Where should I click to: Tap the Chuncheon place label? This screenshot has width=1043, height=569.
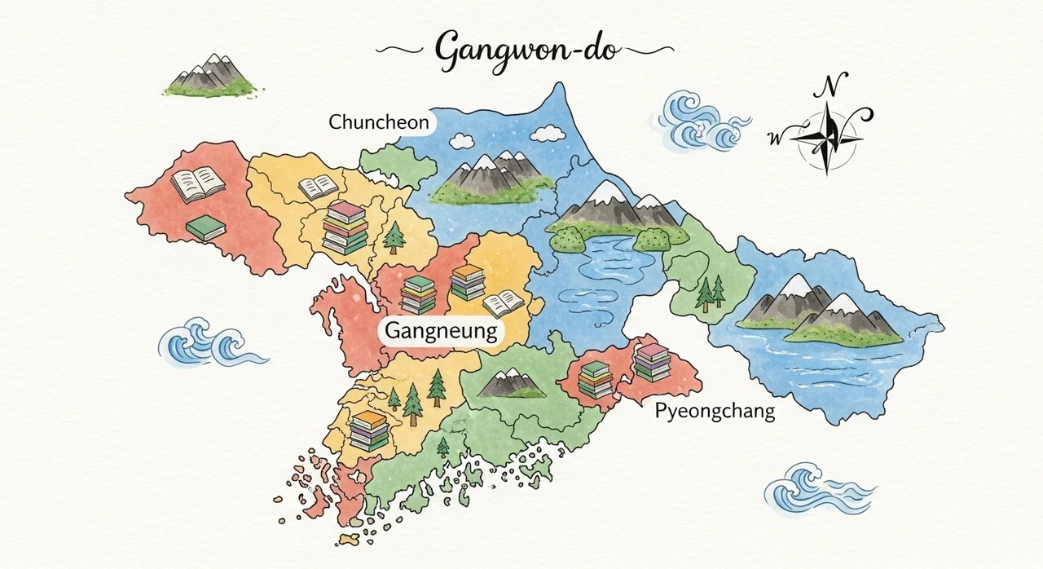point(378,122)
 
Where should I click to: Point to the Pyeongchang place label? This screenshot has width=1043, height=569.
point(715,412)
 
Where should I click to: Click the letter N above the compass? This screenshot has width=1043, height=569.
point(832,85)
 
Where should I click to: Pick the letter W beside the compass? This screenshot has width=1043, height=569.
point(774,138)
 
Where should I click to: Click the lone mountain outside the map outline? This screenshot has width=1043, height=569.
point(208,74)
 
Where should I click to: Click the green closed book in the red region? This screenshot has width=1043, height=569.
point(205,227)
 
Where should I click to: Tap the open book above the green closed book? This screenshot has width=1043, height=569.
point(197,185)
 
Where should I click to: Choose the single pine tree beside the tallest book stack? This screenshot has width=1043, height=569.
point(394,236)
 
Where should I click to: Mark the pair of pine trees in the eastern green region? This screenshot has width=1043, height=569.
point(710,293)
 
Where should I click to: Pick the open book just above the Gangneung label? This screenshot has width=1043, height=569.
point(503,304)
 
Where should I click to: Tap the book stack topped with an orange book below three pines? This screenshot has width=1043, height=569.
point(369,431)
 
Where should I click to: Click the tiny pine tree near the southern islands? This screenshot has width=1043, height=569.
point(442,447)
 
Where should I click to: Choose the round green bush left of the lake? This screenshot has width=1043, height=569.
point(566,238)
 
